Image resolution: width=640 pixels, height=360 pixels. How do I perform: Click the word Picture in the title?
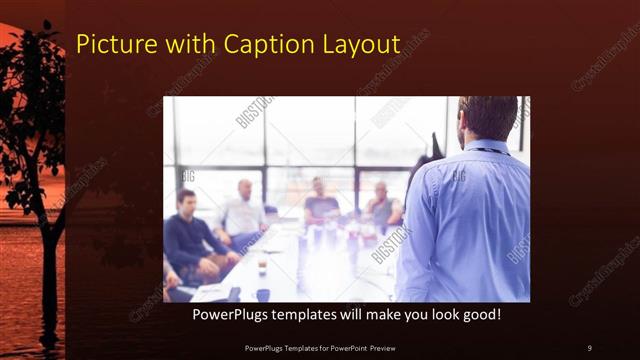point(113,44)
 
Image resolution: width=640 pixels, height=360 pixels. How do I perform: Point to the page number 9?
point(589,347)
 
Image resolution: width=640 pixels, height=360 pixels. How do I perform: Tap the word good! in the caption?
point(480,315)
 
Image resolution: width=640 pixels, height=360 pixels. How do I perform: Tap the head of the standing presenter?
point(488,117)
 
